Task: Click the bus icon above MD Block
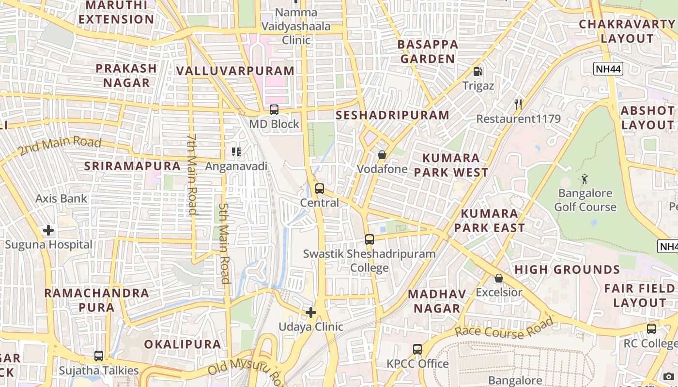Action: (274, 110)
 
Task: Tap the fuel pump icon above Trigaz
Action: (478, 72)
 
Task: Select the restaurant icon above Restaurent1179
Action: (518, 104)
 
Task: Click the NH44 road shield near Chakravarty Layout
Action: (608, 69)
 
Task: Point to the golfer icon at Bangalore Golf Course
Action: (585, 179)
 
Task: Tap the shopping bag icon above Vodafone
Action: (382, 155)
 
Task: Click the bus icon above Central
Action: (319, 189)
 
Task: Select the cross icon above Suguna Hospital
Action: (48, 230)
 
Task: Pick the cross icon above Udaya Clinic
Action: (311, 313)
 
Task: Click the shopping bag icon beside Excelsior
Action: (499, 278)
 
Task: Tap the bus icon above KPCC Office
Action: (417, 349)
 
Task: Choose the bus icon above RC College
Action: (651, 329)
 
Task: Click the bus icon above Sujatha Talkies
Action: (99, 356)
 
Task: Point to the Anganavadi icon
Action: (236, 152)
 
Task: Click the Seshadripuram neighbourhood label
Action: (392, 115)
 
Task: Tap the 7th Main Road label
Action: (191, 174)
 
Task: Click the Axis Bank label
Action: (61, 198)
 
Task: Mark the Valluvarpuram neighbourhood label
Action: (235, 71)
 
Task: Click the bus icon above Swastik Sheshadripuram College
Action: (370, 239)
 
